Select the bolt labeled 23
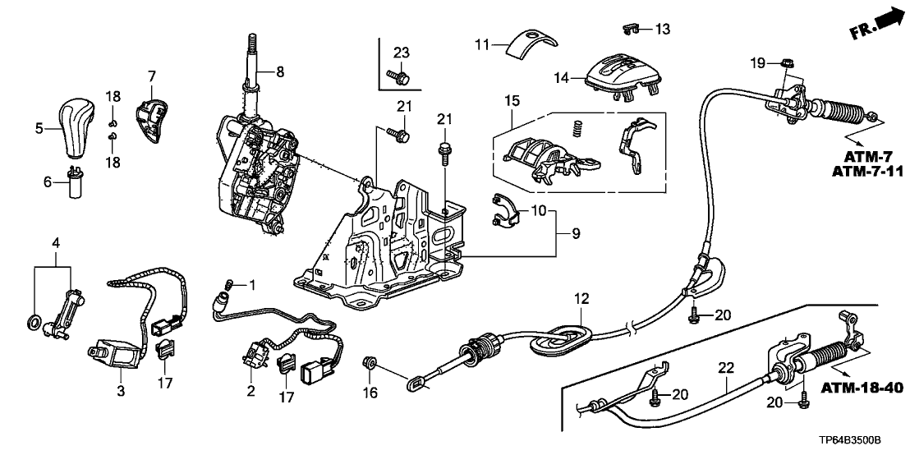402,78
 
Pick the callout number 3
120,391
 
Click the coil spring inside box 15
578,129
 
